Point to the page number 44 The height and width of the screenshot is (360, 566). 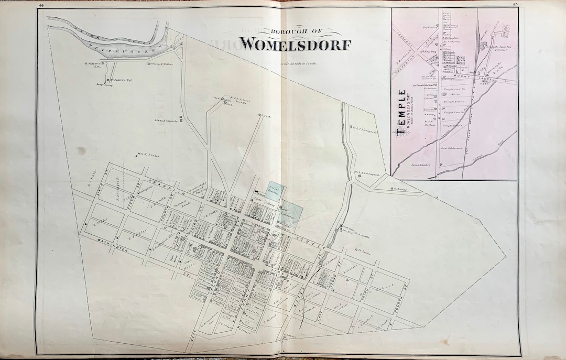click(x=41, y=5)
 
